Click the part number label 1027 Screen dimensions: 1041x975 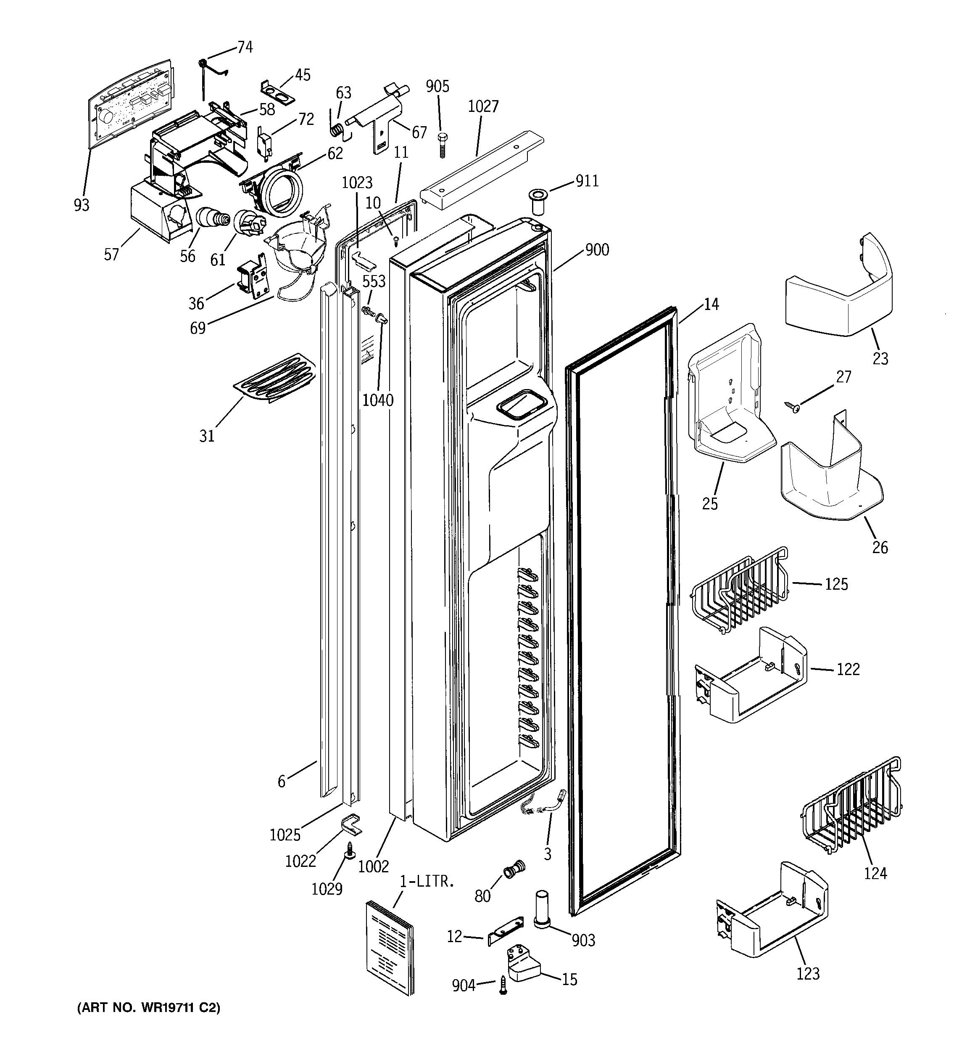[x=482, y=107]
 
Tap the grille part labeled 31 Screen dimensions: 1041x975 [x=275, y=378]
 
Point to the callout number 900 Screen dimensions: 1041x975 [x=597, y=250]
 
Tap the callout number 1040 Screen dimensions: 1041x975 [x=377, y=400]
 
